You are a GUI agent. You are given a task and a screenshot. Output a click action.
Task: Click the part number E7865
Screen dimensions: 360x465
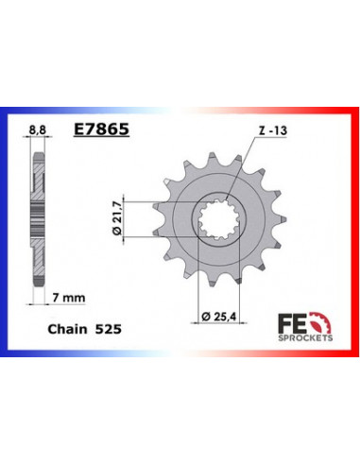coord(101,129)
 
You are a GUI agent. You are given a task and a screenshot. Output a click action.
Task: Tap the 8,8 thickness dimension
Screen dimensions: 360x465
coord(37,129)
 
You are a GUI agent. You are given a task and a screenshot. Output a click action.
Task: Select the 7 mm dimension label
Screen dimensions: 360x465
coord(69,298)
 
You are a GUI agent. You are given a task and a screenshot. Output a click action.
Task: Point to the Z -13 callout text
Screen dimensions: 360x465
coord(273,130)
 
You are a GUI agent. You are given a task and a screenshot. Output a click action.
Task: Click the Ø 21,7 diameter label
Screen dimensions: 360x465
coord(117,218)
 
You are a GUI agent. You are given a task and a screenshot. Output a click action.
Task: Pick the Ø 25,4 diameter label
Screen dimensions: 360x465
coord(218,316)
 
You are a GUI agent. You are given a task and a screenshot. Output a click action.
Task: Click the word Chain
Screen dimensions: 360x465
coord(67,329)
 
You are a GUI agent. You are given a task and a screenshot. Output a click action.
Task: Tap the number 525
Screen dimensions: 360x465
coord(108,329)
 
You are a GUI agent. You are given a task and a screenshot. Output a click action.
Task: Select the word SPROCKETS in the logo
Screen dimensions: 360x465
coord(305,337)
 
